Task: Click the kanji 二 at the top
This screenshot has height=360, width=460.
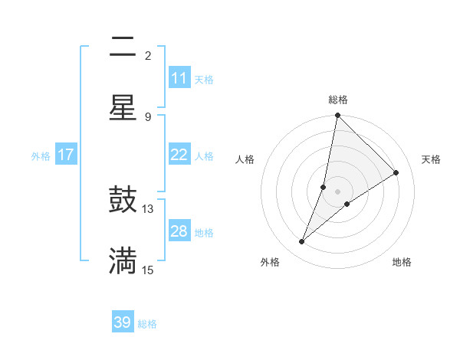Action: pyautogui.click(x=123, y=49)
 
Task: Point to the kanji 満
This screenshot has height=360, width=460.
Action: pyautogui.click(x=123, y=260)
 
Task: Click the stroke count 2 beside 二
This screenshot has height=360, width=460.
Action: pyautogui.click(x=148, y=55)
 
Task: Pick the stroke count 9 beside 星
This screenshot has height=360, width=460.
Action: pyautogui.click(x=148, y=116)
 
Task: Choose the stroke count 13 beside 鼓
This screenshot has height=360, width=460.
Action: pyautogui.click(x=148, y=208)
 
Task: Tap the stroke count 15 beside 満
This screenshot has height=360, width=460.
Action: pyautogui.click(x=148, y=270)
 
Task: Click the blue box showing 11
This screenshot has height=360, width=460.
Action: pyautogui.click(x=179, y=78)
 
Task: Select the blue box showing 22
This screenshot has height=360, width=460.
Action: pyautogui.click(x=179, y=155)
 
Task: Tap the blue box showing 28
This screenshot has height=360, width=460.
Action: pyautogui.click(x=179, y=231)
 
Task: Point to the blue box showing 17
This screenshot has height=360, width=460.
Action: pyautogui.click(x=66, y=155)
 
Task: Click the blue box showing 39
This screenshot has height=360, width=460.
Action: pyautogui.click(x=123, y=322)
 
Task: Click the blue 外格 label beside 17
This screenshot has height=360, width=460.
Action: pyautogui.click(x=41, y=155)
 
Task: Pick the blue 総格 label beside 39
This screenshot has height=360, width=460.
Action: pyautogui.click(x=148, y=324)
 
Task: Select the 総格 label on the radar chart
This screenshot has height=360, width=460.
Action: pyautogui.click(x=338, y=100)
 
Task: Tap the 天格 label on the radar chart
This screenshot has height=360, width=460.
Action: pyautogui.click(x=431, y=159)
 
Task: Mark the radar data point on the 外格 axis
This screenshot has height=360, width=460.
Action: pyautogui.click(x=302, y=242)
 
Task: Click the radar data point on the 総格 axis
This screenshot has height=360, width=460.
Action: pyautogui.click(x=337, y=116)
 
